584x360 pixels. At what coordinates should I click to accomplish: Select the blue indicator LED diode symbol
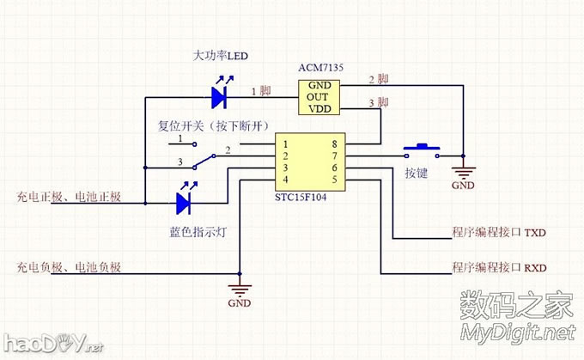(184, 204)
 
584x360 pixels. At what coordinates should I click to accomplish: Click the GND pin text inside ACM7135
(319, 85)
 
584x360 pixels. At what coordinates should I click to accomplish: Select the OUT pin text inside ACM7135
(319, 97)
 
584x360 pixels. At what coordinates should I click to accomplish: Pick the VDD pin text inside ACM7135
(319, 109)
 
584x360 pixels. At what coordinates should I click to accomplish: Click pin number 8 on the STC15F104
(333, 143)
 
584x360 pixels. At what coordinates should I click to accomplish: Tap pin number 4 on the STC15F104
(285, 179)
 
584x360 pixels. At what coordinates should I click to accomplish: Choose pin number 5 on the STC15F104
(333, 179)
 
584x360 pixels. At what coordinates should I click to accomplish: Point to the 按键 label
(417, 172)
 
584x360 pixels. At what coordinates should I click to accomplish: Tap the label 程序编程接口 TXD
(499, 233)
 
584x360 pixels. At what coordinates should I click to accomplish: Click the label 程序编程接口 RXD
(499, 268)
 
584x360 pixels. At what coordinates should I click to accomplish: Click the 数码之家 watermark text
(516, 306)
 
